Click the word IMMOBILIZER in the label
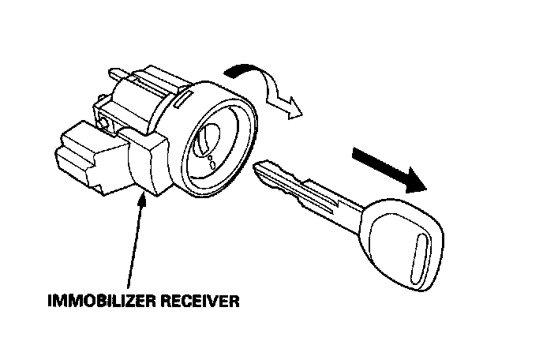(x=103, y=300)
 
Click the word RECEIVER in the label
(x=199, y=300)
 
